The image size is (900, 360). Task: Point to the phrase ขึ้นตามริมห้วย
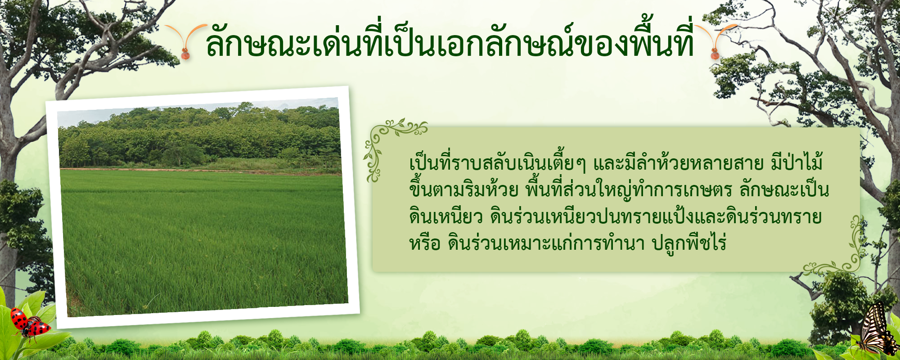pyautogui.click(x=464, y=189)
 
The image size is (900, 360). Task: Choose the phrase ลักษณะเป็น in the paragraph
pyautogui.click(x=784, y=190)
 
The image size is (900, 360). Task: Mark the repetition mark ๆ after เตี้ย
pyautogui.click(x=581, y=165)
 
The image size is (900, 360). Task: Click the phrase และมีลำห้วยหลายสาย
pyautogui.click(x=679, y=163)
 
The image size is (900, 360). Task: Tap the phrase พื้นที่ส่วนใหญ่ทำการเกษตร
pyautogui.click(x=629, y=190)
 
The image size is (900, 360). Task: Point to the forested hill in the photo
pyautogui.click(x=198, y=135)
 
